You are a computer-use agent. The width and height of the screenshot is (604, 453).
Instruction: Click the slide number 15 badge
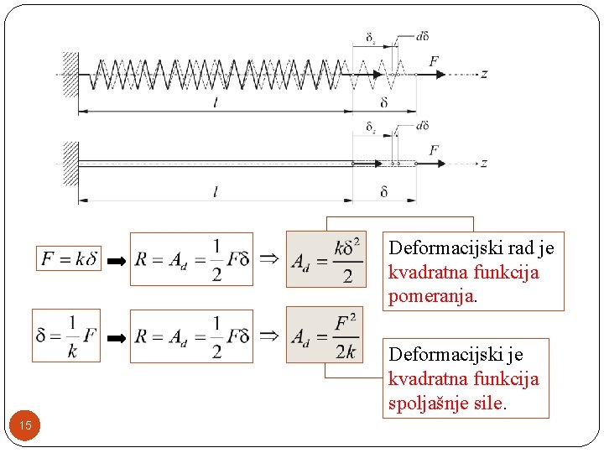[x=25, y=426]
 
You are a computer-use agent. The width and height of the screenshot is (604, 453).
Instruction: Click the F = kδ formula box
[x=70, y=259]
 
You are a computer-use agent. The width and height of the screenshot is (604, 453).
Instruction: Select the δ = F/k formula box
[x=66, y=336]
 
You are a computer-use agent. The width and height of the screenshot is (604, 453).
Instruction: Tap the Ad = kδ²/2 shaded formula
[x=325, y=259]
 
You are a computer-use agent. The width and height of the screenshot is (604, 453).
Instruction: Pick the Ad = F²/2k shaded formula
[x=325, y=335]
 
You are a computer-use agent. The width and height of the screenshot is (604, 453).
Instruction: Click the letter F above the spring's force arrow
[x=434, y=60]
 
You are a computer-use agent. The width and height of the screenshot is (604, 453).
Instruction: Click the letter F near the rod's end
[x=434, y=150]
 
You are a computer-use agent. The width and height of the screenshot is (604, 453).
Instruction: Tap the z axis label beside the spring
[x=484, y=74]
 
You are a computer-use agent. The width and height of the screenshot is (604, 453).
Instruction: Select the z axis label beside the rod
[x=484, y=164]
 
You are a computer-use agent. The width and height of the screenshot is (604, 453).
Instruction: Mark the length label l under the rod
[x=216, y=193]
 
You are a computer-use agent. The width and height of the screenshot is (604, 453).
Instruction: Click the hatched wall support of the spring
[x=70, y=74]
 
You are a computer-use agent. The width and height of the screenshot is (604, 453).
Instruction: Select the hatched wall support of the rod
[x=70, y=164]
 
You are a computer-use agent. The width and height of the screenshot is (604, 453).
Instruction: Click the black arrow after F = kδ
[x=116, y=261]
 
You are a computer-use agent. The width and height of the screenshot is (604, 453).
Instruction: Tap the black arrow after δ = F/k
[x=116, y=337]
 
